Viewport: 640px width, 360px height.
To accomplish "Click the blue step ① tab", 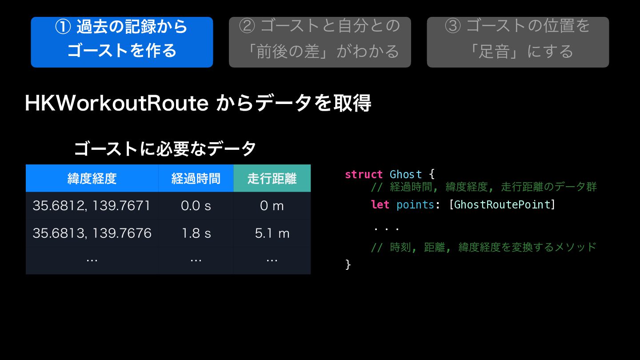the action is click(122, 42).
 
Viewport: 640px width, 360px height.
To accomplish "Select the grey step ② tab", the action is click(320, 42).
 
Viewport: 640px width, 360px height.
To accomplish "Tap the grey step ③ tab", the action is click(518, 42).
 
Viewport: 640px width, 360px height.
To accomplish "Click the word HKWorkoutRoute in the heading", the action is click(117, 103).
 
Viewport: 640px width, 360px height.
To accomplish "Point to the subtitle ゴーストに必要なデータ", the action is click(165, 148).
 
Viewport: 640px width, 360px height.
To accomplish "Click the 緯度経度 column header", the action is click(92, 178).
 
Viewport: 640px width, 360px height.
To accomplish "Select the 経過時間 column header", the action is click(196, 178).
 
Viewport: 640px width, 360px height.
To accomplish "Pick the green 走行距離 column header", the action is click(272, 178).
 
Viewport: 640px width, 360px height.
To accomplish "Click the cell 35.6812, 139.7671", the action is click(92, 206).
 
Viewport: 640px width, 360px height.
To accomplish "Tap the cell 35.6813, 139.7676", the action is click(92, 233).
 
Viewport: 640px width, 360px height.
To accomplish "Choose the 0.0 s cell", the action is click(196, 206).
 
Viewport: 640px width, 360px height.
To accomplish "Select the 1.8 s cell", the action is click(196, 233).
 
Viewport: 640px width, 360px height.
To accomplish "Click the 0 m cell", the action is click(272, 206).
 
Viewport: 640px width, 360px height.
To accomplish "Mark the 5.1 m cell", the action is click(272, 233).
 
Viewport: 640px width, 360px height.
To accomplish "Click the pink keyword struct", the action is click(364, 174).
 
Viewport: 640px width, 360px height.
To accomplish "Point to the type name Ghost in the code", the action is click(406, 174).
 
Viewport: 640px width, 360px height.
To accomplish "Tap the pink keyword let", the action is click(380, 204).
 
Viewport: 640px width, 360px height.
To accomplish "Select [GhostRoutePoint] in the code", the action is click(502, 204).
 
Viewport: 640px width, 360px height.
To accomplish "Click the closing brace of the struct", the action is click(348, 264).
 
